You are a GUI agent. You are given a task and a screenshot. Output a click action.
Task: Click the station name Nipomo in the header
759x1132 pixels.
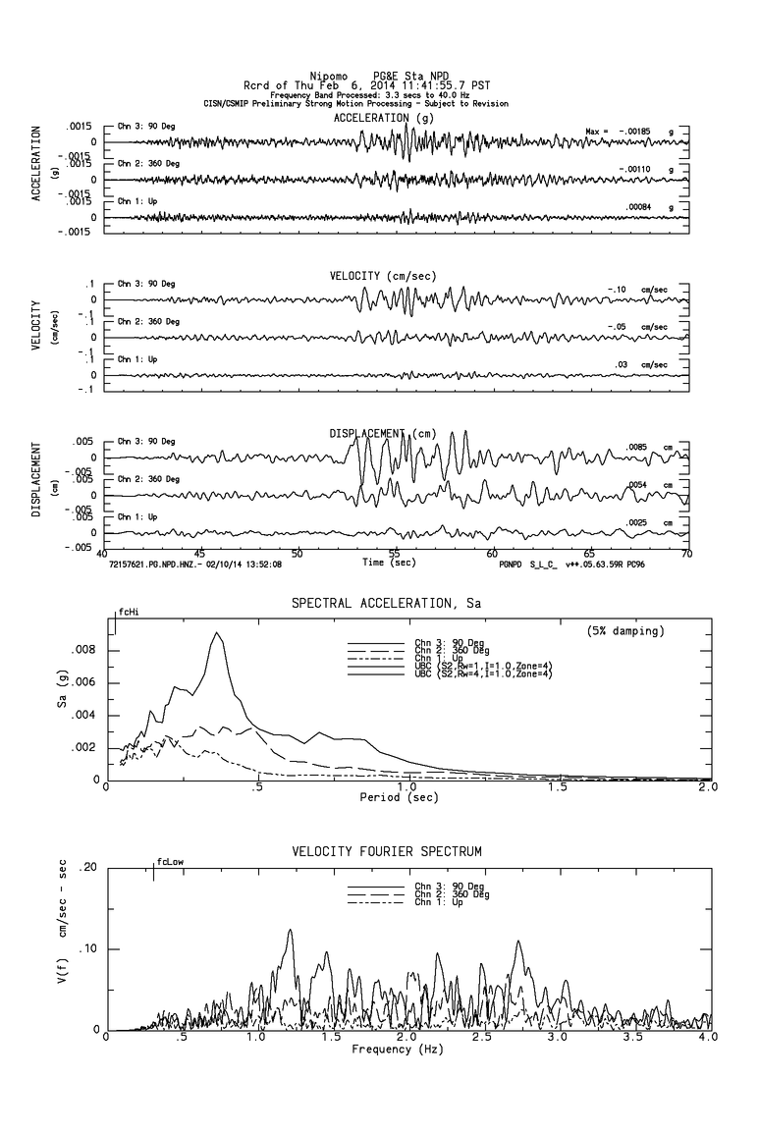[x=328, y=76]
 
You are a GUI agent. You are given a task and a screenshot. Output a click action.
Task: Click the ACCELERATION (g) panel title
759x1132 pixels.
[x=383, y=118]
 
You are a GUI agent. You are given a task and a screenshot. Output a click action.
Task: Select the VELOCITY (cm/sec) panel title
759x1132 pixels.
[x=384, y=276]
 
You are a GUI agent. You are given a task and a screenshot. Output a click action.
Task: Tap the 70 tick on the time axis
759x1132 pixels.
[x=686, y=554]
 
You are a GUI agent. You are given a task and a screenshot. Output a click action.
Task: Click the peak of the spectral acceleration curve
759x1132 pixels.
[x=217, y=633]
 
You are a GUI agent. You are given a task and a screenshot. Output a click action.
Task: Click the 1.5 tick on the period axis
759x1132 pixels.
[x=558, y=787]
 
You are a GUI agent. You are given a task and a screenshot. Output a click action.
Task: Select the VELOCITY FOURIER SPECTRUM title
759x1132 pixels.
[x=387, y=850]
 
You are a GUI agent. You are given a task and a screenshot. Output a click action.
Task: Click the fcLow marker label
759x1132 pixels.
[x=170, y=862]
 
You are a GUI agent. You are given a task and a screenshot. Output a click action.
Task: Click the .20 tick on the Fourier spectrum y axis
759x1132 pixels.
[x=87, y=868]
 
